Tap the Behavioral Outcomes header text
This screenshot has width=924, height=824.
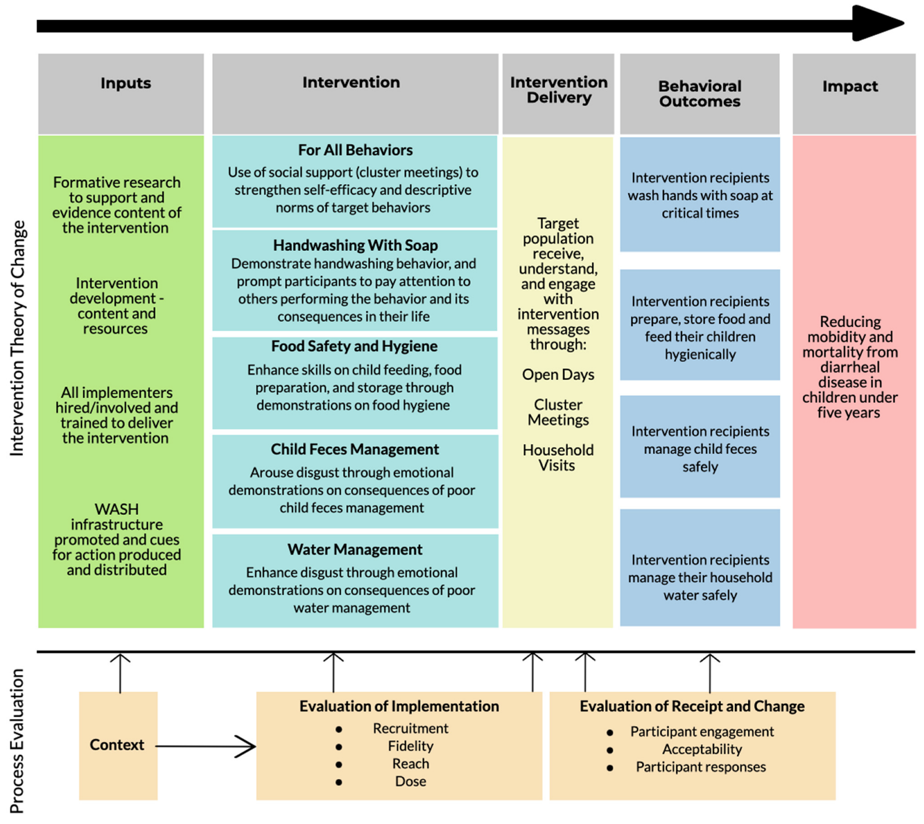(699, 94)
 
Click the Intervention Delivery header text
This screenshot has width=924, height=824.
(559, 90)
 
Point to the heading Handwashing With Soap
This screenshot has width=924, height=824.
(355, 245)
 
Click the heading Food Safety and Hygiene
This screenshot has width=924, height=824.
(354, 346)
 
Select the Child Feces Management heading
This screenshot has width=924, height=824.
(355, 449)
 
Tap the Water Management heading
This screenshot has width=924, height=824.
(355, 549)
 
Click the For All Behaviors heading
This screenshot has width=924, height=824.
(355, 150)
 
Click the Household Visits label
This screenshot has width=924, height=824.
(558, 457)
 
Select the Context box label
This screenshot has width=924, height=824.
(117, 745)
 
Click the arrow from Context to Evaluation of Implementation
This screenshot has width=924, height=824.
(206, 746)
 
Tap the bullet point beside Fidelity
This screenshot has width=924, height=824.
(339, 747)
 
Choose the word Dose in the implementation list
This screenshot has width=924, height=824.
(410, 781)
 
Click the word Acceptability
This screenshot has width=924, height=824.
(702, 749)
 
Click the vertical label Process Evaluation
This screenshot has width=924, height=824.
(17, 740)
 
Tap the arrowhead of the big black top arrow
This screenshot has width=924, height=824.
(877, 23)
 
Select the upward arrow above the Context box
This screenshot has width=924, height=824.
(120, 672)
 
